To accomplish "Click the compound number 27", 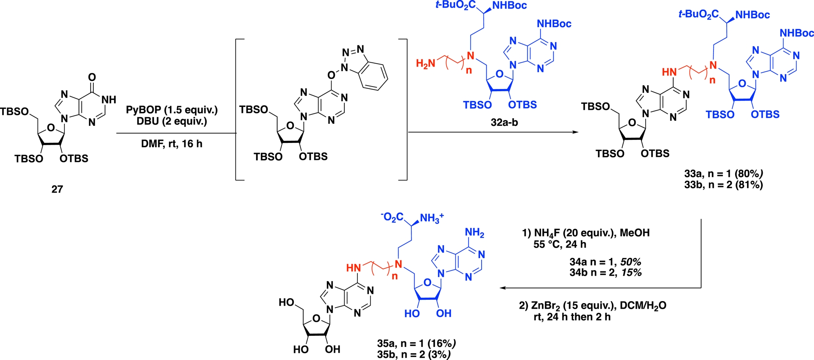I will pos(57,189).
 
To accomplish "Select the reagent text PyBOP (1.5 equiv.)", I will pos(172,110).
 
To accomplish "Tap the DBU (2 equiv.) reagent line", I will pos(172,121).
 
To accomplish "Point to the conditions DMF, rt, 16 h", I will pos(172,144).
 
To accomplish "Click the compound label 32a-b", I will pos(505,123).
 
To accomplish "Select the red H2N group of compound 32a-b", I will pos(425,64).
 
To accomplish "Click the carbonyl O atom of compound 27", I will pos(92,77).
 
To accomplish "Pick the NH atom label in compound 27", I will pos(109,100).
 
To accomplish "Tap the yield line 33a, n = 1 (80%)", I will pos(723,173).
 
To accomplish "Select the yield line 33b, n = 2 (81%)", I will pos(723,185).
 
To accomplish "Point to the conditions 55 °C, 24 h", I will pos(560,244).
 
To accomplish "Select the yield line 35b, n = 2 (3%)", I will pos(414,354).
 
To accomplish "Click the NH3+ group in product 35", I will pos(431,218).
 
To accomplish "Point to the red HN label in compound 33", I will pos(669,72).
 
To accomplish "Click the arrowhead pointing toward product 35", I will pos(503,288).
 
